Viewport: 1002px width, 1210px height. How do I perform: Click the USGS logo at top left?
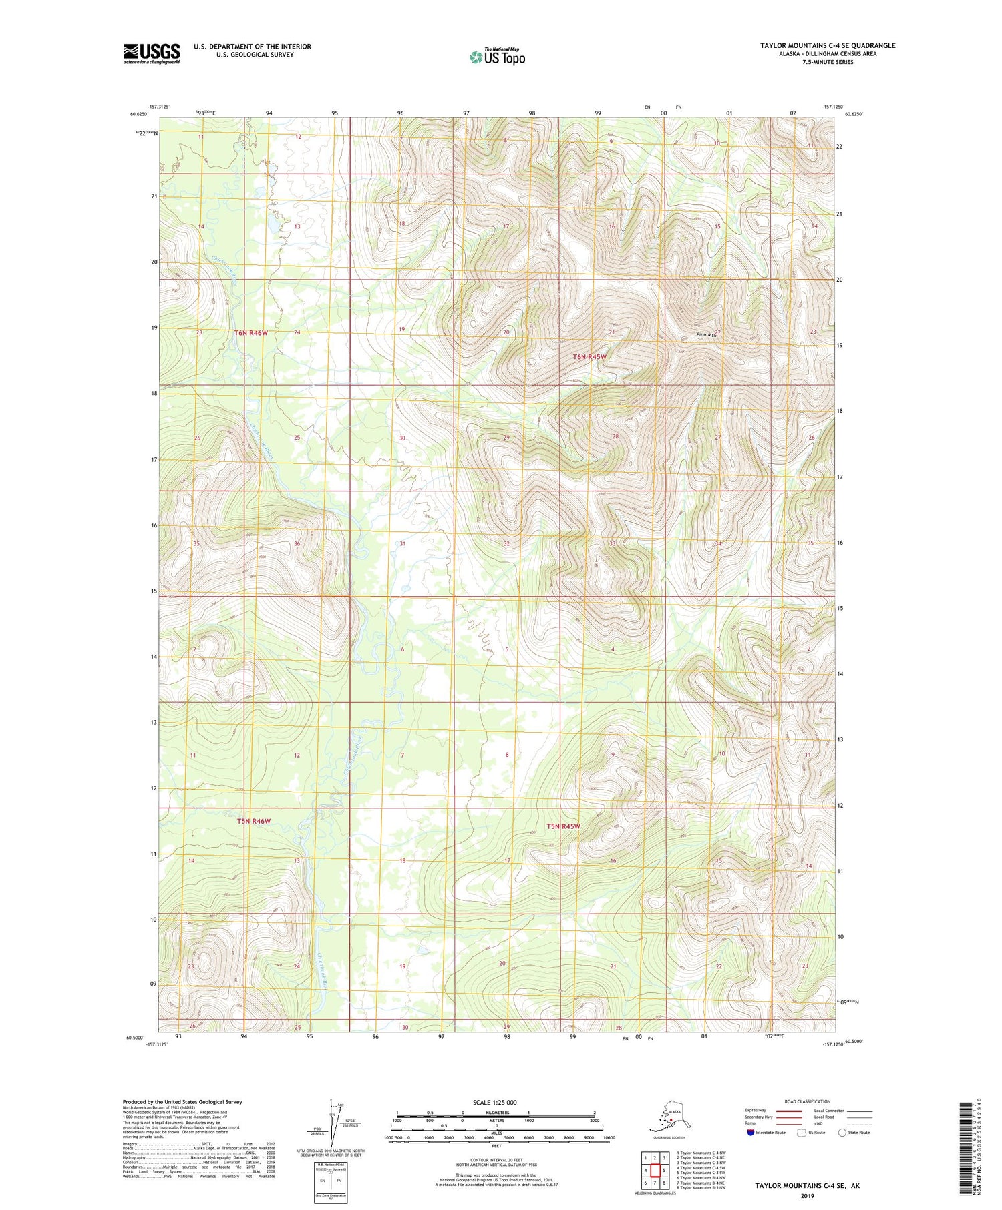[152, 53]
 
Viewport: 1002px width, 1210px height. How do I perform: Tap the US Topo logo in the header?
[497, 57]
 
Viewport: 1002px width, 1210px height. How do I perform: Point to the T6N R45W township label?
[590, 357]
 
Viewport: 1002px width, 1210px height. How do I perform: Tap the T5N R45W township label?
[563, 826]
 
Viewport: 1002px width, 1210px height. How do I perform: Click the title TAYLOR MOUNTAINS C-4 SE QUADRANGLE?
[827, 45]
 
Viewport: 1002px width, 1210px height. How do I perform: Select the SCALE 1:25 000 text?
[494, 1102]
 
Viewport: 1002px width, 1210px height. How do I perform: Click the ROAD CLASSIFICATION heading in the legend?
[808, 1101]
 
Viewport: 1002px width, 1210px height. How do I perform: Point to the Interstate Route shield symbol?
[751, 1133]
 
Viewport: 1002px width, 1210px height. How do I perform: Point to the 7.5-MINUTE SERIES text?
[827, 62]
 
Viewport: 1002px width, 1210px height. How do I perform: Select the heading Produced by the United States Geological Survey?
[182, 1102]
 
